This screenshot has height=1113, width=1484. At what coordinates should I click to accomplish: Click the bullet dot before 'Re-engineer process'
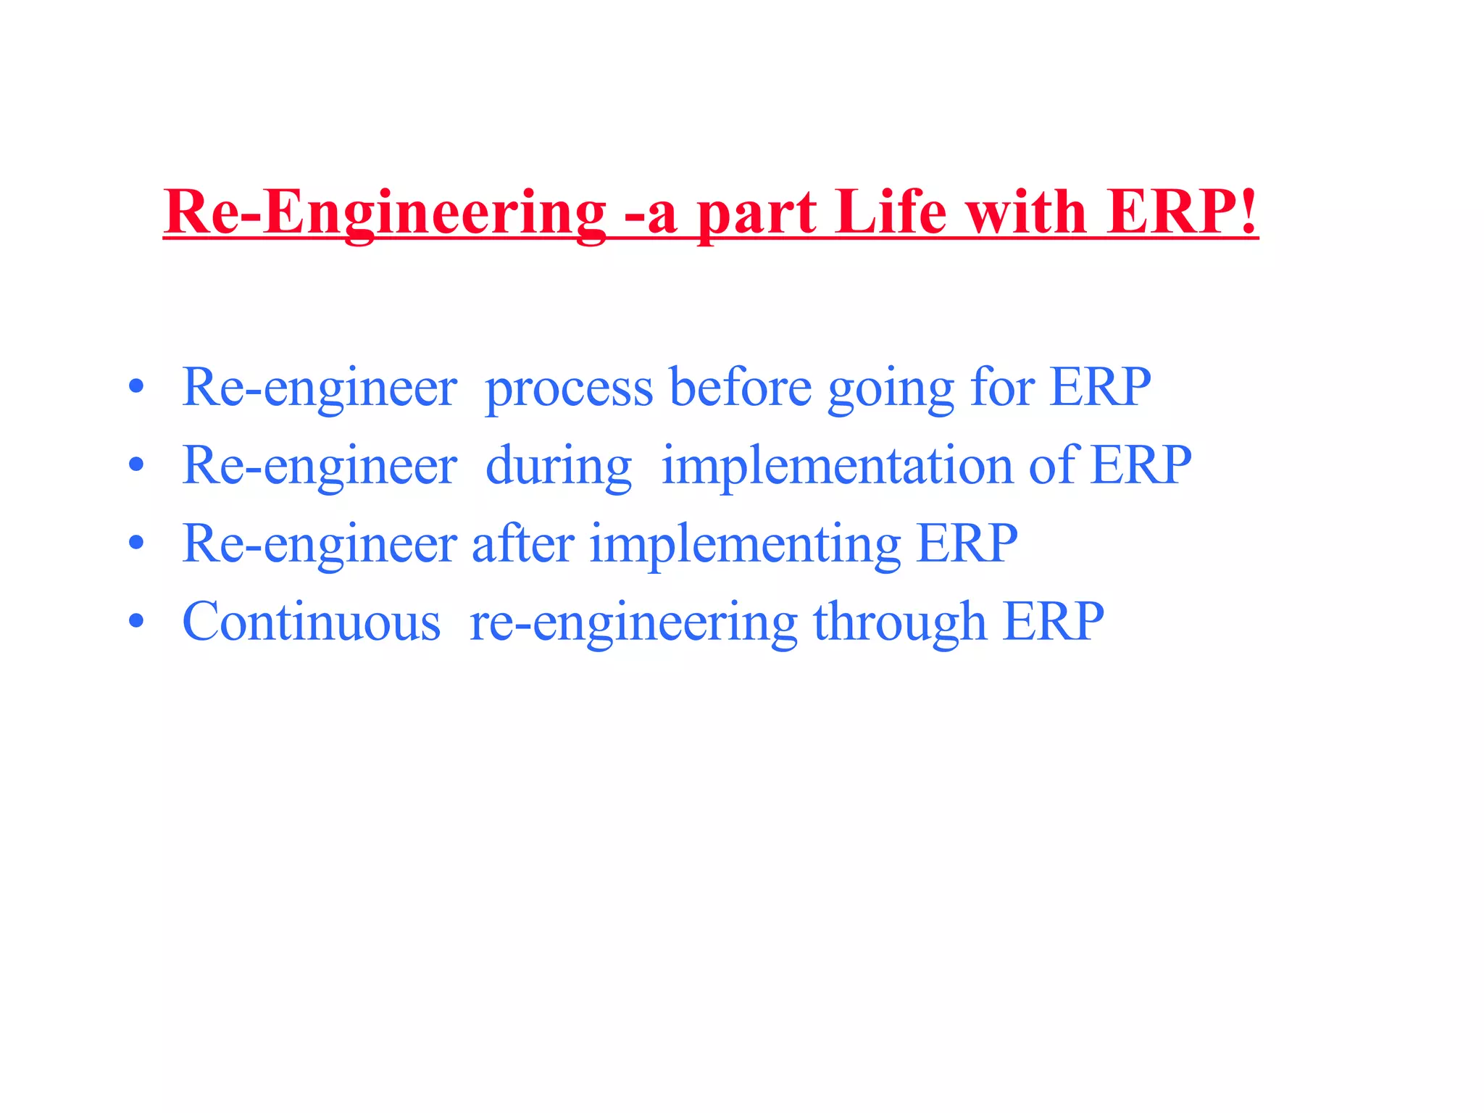136,388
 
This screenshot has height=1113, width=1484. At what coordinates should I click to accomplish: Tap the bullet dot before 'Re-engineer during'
136,465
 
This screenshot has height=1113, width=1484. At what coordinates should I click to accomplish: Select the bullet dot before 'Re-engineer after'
136,543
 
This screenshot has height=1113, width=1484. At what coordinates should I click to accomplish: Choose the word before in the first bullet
740,388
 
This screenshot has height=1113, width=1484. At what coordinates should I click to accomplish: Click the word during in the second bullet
558,467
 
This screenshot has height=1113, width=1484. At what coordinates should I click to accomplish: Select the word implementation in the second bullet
837,467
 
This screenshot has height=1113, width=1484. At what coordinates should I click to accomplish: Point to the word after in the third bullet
523,543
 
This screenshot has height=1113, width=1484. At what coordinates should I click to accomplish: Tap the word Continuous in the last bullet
312,622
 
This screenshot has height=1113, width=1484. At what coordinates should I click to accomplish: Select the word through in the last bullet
899,623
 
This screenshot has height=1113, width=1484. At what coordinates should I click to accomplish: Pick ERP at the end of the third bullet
967,543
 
